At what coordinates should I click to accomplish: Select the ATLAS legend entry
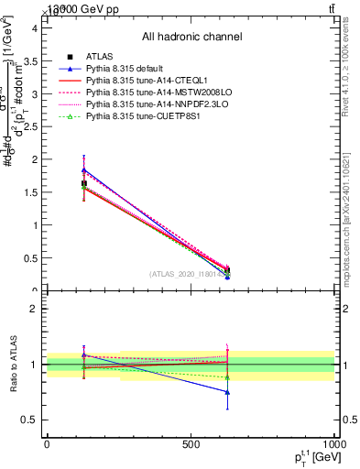98,57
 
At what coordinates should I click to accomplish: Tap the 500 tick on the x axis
191,444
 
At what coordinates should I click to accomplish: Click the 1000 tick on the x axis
333,444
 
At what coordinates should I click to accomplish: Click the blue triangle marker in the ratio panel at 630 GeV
227,392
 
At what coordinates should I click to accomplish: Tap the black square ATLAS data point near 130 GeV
84,183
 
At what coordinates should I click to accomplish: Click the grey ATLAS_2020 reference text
188,273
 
